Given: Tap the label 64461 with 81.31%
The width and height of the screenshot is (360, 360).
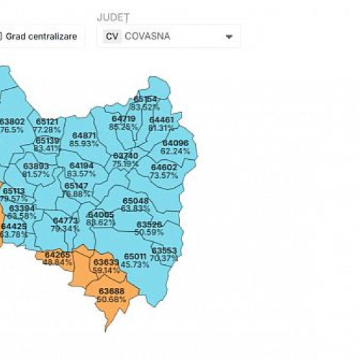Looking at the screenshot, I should (161, 123).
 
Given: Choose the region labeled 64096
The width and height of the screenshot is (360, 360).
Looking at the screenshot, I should (175, 147).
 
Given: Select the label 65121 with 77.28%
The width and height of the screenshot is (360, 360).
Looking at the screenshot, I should (48, 126).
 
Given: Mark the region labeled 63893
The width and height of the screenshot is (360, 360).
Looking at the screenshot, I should (36, 170).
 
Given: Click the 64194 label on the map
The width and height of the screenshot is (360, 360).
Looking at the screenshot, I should (81, 170).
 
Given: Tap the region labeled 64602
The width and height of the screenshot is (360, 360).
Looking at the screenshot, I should (163, 171).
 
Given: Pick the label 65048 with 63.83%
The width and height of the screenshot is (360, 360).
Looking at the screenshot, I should (135, 204).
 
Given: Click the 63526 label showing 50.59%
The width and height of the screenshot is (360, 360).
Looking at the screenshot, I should (149, 228).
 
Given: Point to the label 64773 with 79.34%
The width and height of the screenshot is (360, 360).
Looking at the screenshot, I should (65, 225).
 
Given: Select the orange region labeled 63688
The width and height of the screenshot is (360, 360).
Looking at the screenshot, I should (111, 295).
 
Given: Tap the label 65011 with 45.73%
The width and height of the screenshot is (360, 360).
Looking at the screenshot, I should (135, 261).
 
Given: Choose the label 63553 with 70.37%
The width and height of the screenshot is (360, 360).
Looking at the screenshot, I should (164, 254).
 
